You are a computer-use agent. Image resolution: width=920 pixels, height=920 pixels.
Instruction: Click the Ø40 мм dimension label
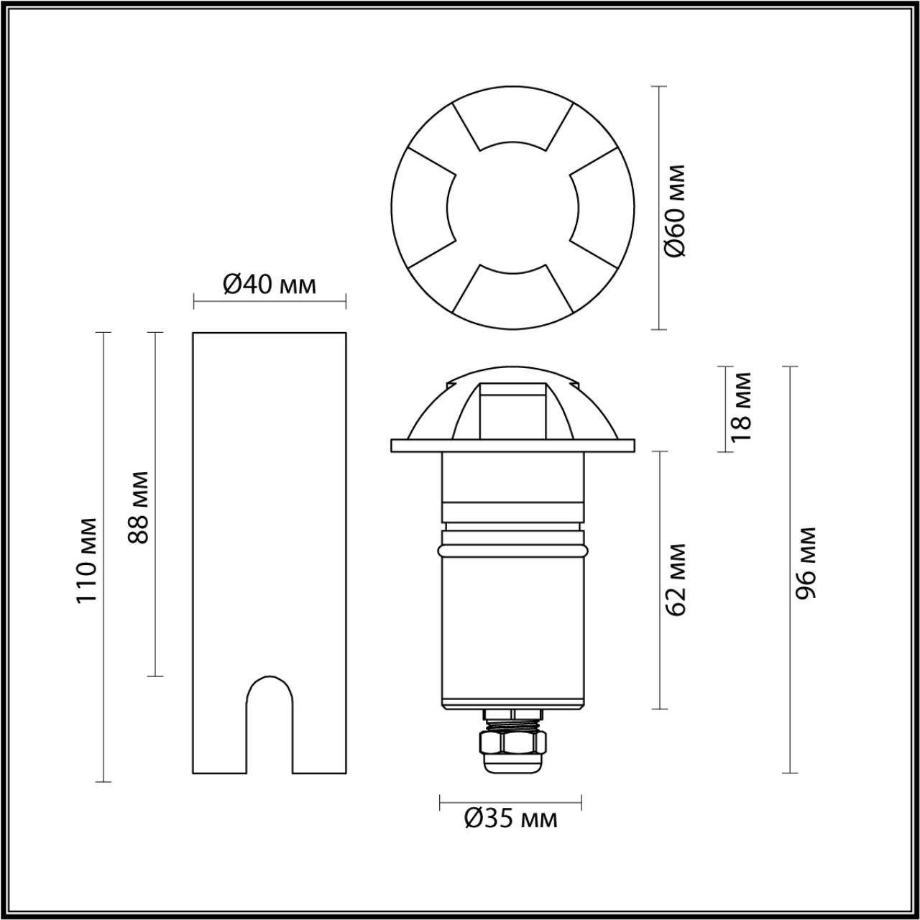[x=269, y=285]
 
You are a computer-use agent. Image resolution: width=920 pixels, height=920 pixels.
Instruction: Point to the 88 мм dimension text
[x=138, y=507]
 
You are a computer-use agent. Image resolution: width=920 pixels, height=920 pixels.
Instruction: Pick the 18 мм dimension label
[x=740, y=406]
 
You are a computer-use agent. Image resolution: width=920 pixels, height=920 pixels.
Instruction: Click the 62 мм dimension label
[x=677, y=579]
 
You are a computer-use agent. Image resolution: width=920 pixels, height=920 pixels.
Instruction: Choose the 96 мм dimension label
[x=805, y=563]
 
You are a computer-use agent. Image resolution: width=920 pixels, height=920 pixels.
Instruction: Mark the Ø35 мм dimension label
[x=510, y=818]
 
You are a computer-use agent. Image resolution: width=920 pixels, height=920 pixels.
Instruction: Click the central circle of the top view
[x=512, y=208]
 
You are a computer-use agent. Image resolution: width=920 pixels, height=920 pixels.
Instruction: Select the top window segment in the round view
[x=512, y=120]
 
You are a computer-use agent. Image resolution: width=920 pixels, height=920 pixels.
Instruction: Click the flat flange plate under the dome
[x=512, y=446]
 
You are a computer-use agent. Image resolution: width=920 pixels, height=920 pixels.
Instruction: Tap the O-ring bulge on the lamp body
[x=512, y=550]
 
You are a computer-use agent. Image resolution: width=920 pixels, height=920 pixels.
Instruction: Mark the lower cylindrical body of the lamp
[x=512, y=632]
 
